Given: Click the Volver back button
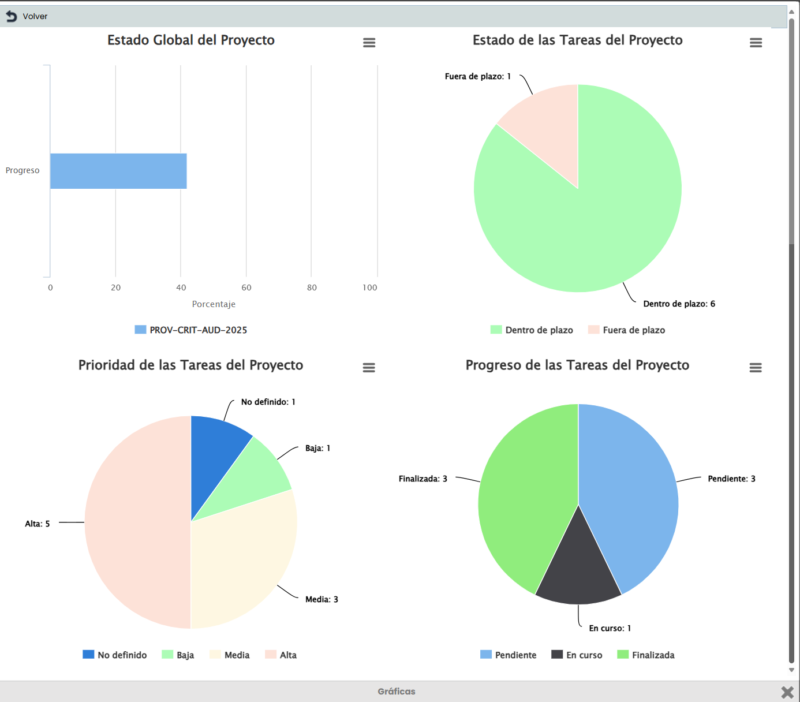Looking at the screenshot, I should point(27,16).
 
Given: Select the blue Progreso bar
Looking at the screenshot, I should point(118,171).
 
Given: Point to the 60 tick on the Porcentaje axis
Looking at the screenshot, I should point(246,287).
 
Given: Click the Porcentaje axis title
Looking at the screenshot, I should point(214,304).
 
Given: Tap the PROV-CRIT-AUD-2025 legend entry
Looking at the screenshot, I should point(191,330).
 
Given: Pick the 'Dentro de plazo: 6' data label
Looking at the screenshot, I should point(679,304).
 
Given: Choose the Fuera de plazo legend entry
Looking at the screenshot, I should point(627,330).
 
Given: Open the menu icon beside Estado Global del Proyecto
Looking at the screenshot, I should point(369,43).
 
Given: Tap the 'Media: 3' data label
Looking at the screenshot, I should point(322,599).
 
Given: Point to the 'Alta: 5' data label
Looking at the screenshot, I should point(38,524).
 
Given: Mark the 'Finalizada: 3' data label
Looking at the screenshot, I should point(423,479).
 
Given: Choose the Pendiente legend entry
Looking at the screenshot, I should point(509,655).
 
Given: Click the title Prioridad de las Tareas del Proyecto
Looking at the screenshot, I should point(190,365).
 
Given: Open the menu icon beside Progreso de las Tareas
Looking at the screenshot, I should point(756,368).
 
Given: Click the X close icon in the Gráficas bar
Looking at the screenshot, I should point(787,692).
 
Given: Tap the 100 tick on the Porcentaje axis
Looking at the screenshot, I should point(370,287).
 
